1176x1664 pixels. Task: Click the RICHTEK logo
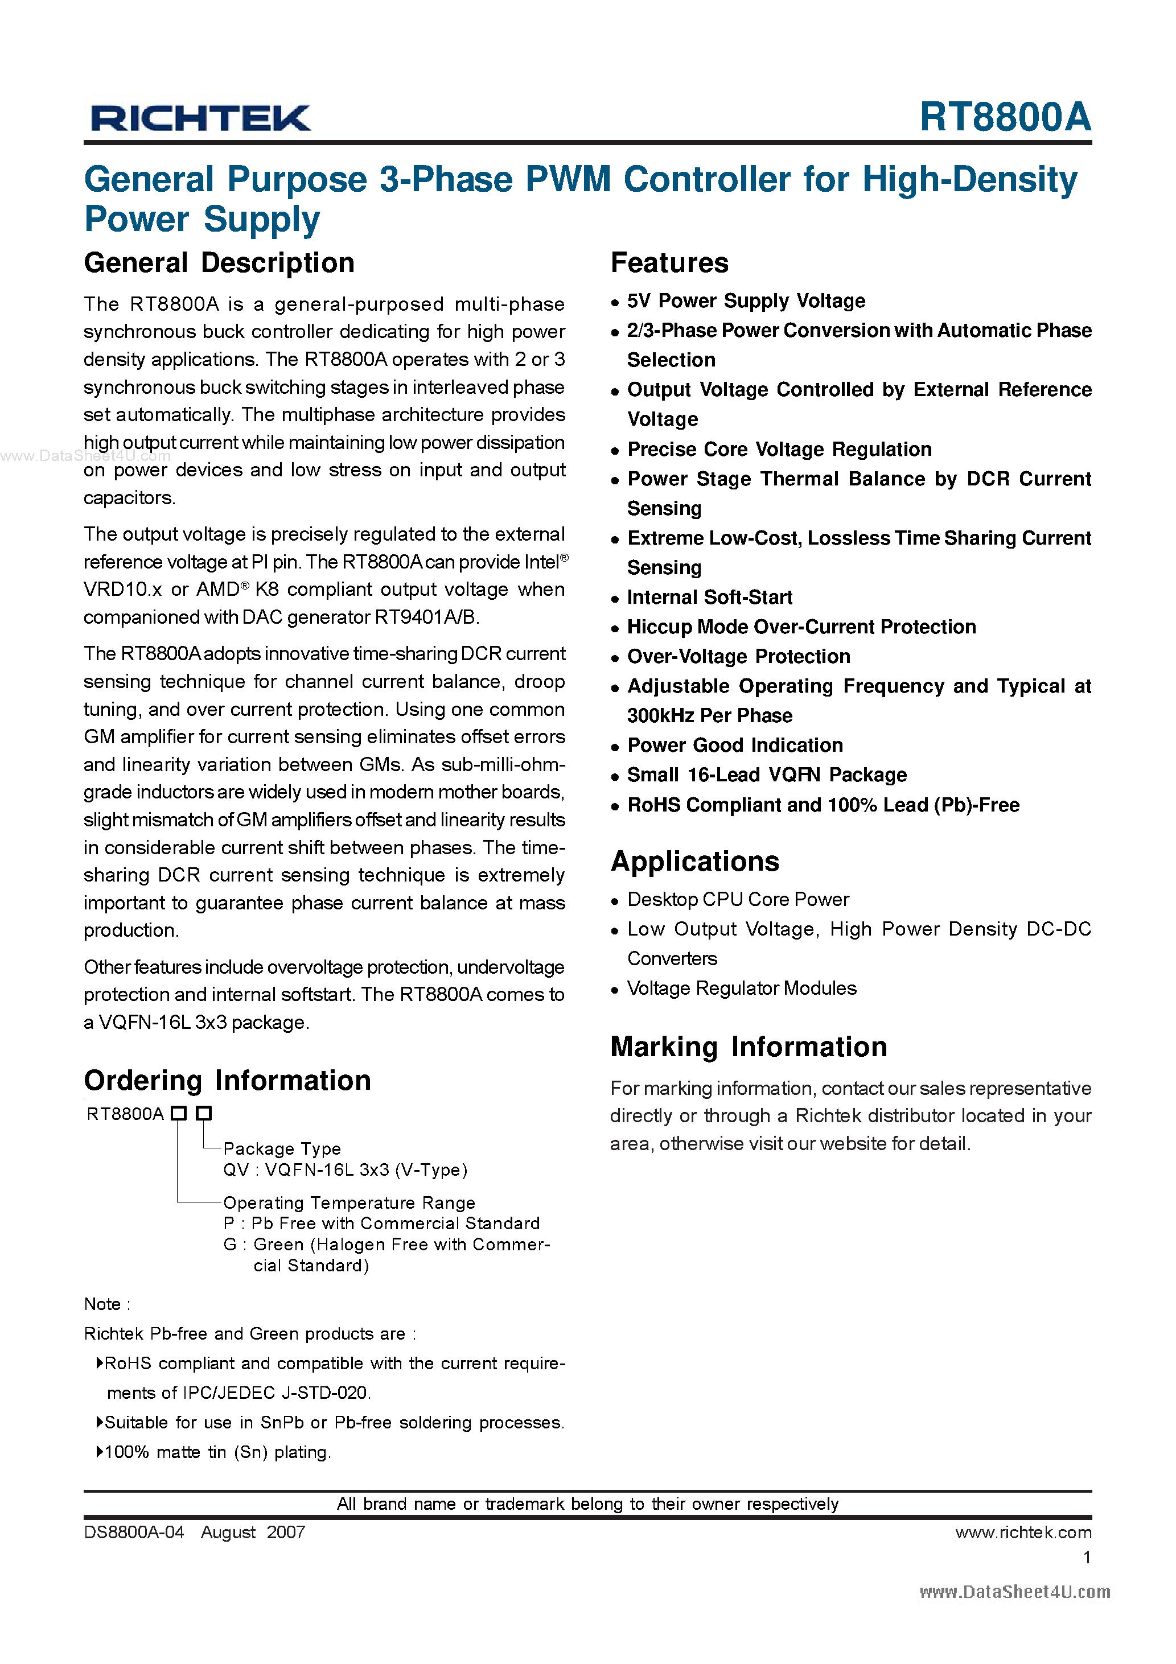200,118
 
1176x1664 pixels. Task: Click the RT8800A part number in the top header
1004,117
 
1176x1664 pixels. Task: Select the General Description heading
219,263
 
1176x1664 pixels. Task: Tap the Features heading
669,263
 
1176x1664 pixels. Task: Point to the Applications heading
694,862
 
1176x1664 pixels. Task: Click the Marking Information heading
748,1047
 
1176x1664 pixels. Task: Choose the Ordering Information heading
227,1081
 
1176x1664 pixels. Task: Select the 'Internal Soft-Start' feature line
709,597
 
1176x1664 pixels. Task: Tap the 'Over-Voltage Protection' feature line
738,657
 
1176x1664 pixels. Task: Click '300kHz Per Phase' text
709,716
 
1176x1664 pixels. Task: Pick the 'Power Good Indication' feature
734,745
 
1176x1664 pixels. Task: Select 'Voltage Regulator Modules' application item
741,988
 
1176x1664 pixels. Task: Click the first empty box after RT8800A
178,1113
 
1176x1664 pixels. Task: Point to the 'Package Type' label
281,1149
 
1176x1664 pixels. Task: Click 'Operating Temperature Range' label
349,1203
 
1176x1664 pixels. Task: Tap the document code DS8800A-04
134,1532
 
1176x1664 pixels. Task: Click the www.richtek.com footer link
1022,1532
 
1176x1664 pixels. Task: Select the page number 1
1086,1558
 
